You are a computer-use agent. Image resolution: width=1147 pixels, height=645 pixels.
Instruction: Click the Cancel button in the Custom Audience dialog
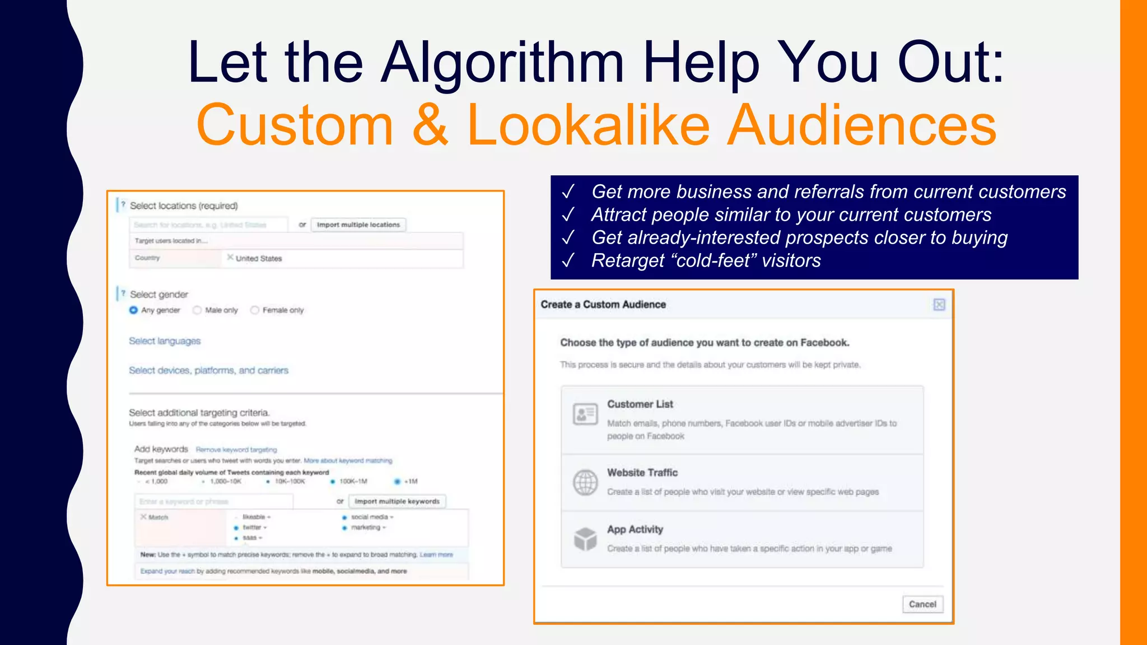pyautogui.click(x=922, y=604)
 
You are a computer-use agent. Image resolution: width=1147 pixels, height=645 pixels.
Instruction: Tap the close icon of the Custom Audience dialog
pyautogui.click(x=939, y=305)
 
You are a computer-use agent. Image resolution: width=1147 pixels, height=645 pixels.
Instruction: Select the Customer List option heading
pyautogui.click(x=640, y=404)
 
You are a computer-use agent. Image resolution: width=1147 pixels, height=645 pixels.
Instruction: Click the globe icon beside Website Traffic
pyautogui.click(x=585, y=482)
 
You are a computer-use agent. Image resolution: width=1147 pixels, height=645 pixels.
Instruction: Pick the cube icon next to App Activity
pyautogui.click(x=585, y=539)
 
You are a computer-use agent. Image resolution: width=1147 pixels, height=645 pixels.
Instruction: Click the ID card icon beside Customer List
pyautogui.click(x=585, y=414)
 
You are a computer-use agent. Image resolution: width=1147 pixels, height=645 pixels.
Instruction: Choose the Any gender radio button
pyautogui.click(x=133, y=310)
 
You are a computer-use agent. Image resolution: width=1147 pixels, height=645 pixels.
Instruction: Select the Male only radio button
pyautogui.click(x=197, y=310)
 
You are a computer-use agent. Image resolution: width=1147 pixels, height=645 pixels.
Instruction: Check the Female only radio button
pyautogui.click(x=255, y=310)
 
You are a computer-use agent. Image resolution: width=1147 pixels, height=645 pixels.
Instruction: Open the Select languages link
pyautogui.click(x=165, y=341)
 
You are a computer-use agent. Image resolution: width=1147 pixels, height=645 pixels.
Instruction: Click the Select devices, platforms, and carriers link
pyautogui.click(x=208, y=371)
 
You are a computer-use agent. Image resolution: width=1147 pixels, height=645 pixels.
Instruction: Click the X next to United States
pyautogui.click(x=230, y=258)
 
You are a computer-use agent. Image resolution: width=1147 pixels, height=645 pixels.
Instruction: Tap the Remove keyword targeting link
pyautogui.click(x=236, y=450)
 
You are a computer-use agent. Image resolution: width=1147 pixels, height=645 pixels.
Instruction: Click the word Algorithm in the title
pyautogui.click(x=502, y=63)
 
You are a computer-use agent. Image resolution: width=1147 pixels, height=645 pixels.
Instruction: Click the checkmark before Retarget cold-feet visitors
pyautogui.click(x=568, y=261)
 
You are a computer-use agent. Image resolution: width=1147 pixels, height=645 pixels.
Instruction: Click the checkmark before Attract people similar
pyautogui.click(x=568, y=215)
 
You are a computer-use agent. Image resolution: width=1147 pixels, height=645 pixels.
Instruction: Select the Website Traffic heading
pyautogui.click(x=642, y=473)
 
